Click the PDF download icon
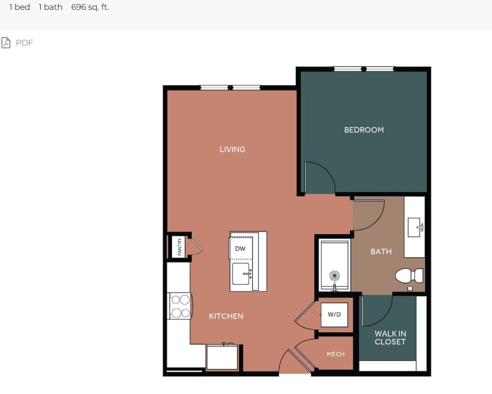pos(6,42)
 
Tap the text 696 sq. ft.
pos(90,7)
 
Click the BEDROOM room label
pos(364,130)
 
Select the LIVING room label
pos(232,149)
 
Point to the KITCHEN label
pos(226,316)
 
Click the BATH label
pos(381,252)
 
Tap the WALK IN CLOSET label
pos(390,338)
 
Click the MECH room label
pos(336,354)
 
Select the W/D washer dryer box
pos(334,314)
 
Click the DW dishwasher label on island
pos(240,249)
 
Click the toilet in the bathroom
pos(409,275)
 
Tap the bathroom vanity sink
pos(415,227)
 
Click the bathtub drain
pos(334,275)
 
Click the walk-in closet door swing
pos(375,311)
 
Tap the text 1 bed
pos(20,7)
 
